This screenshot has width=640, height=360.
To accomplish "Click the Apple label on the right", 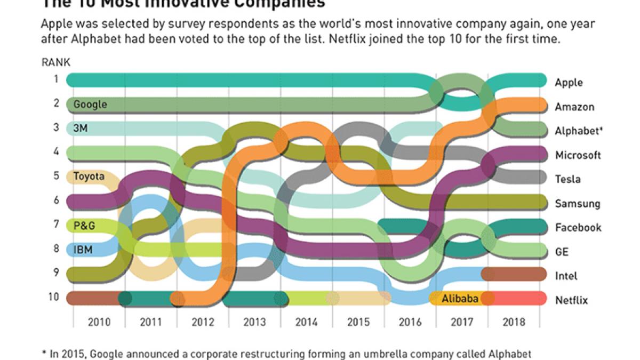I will (569, 83).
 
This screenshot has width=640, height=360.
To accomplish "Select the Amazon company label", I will (574, 107).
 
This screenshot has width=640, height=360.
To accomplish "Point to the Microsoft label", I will (578, 155).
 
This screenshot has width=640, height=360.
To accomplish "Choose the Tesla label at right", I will (567, 179).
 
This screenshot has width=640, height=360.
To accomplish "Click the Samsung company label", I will (577, 204).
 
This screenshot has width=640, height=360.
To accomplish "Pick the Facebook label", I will (578, 228).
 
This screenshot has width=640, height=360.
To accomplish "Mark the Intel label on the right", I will (566, 276).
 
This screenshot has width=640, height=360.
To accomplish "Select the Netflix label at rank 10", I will (571, 300).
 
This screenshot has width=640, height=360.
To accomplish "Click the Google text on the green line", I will (90, 105).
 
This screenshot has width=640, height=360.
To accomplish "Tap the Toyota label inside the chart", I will (89, 176).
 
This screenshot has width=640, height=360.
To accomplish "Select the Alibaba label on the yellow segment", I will (460, 298).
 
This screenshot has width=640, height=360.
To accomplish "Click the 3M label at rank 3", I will (81, 128).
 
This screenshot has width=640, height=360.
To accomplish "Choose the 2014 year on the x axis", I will (306, 322).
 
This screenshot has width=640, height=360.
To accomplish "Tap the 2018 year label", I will (513, 322).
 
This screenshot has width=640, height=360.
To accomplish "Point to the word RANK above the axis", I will (56, 62).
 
